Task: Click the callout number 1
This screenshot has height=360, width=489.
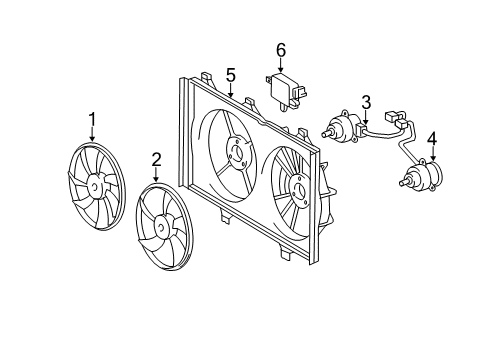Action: pyautogui.click(x=92, y=122)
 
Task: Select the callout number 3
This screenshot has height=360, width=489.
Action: pyautogui.click(x=367, y=102)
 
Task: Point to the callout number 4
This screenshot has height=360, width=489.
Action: pyautogui.click(x=432, y=138)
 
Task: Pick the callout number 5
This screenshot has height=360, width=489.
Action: pyautogui.click(x=230, y=74)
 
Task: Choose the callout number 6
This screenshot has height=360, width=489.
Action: pyautogui.click(x=281, y=49)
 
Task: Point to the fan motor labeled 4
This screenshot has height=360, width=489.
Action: pyautogui.click(x=417, y=178)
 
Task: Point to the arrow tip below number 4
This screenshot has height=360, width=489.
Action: pyautogui.click(x=432, y=161)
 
